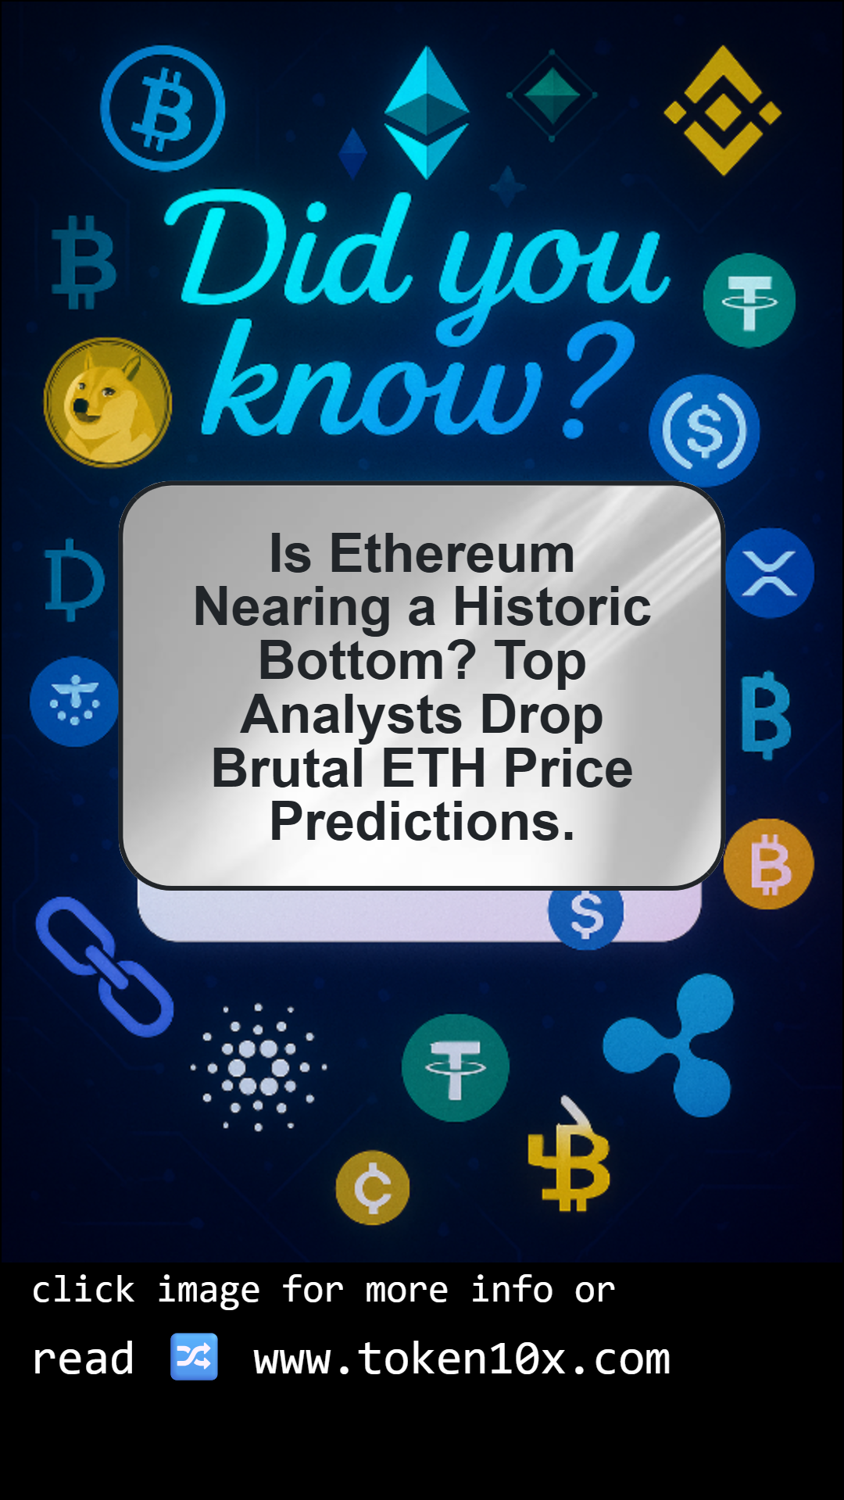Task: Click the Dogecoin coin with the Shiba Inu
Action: (x=108, y=402)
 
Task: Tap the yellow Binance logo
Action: (x=723, y=111)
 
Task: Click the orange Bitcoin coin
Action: (x=769, y=863)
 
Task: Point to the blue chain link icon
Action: (x=104, y=967)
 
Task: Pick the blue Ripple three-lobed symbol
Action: (x=672, y=1045)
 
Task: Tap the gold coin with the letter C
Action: (x=373, y=1187)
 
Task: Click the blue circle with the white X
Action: (x=770, y=573)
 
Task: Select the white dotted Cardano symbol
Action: (x=259, y=1067)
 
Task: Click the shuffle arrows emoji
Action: (x=194, y=1357)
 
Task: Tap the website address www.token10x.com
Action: (x=462, y=1359)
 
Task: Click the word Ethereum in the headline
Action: (x=452, y=554)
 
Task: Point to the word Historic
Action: (x=552, y=607)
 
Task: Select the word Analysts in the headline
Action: (x=352, y=716)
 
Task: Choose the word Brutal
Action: (x=288, y=768)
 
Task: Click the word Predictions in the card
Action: (x=422, y=822)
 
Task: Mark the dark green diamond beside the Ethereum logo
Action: (x=552, y=95)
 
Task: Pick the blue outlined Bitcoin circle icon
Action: (x=163, y=109)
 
